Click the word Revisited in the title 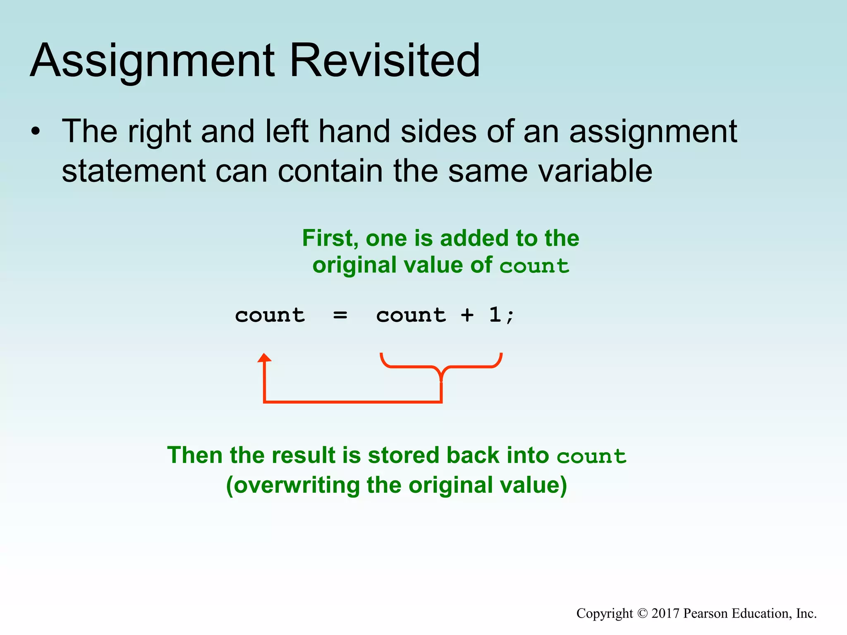click(x=385, y=61)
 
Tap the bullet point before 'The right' click(x=36, y=132)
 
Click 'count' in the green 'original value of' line click(x=534, y=266)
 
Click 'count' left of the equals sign click(x=270, y=315)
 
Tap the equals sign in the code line click(x=340, y=316)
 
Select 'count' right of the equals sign click(x=411, y=315)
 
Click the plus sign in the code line click(x=467, y=315)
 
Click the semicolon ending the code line click(x=510, y=317)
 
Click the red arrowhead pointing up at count click(x=264, y=358)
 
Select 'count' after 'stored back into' click(x=591, y=456)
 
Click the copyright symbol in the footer click(x=642, y=614)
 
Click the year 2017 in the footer click(x=665, y=613)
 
